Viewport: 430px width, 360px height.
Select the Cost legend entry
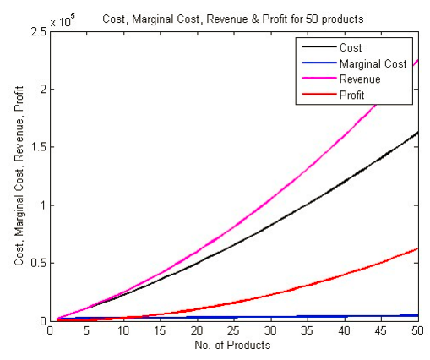tap(349, 48)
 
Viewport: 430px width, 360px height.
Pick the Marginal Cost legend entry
tap(368, 63)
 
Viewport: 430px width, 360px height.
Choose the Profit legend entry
tap(351, 94)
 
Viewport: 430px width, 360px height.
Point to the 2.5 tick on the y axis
tap(38, 31)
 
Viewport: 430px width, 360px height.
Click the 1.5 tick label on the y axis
tap(38, 147)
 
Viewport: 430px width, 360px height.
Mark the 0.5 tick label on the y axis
tap(38, 263)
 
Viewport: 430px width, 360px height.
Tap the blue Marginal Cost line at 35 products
tap(308, 317)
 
